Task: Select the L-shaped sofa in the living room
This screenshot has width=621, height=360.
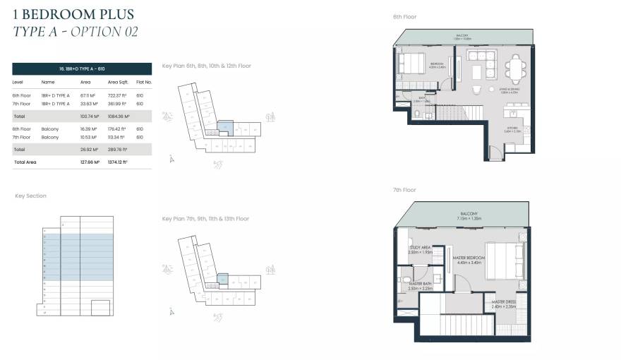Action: pyautogui.click(x=487, y=68)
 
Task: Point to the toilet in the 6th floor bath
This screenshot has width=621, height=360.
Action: pyautogui.click(x=417, y=113)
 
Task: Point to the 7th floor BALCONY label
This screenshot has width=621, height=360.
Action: pyautogui.click(x=469, y=214)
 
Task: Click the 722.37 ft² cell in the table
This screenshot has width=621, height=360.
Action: pyautogui.click(x=116, y=95)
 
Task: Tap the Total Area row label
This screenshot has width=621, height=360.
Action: pyautogui.click(x=25, y=162)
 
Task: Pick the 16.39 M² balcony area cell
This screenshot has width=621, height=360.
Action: pyautogui.click(x=88, y=129)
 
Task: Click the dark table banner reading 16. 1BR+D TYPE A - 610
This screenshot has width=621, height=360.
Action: pyautogui.click(x=82, y=68)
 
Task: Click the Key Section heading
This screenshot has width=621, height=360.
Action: pyautogui.click(x=30, y=196)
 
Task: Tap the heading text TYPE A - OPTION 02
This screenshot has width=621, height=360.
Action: pyautogui.click(x=75, y=32)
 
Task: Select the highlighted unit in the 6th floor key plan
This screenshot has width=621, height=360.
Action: pyautogui.click(x=224, y=126)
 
